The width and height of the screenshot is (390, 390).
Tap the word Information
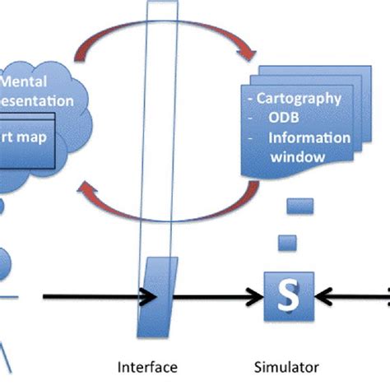309,137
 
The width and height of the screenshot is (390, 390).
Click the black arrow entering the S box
222,297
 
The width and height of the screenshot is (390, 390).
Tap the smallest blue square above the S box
287,242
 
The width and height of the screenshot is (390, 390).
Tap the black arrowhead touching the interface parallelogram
146,297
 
